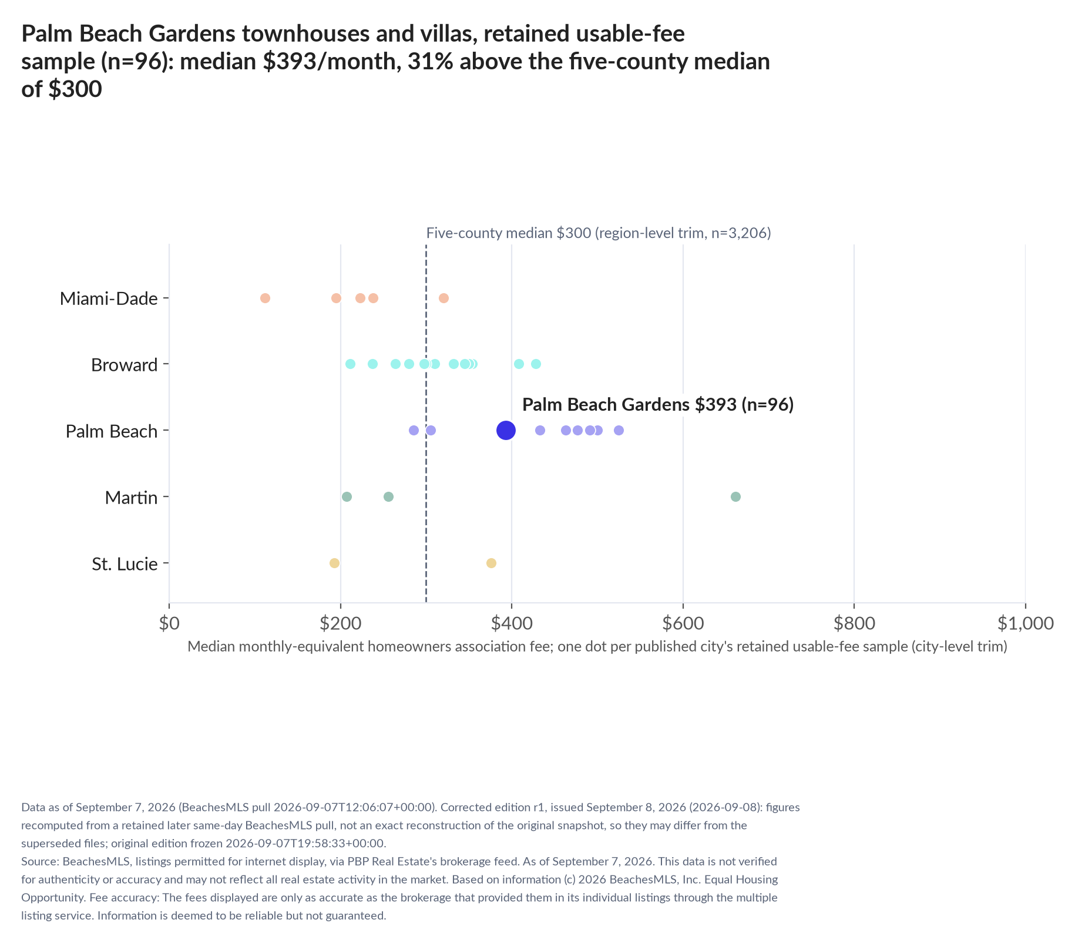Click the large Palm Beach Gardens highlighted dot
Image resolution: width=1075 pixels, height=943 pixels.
[506, 430]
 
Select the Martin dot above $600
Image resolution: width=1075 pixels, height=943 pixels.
[735, 496]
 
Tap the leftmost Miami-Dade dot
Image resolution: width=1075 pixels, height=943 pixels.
[265, 298]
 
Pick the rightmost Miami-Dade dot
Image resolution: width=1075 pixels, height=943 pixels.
[444, 298]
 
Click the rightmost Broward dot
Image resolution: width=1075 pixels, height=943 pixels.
[536, 364]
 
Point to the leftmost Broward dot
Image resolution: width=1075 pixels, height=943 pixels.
[350, 364]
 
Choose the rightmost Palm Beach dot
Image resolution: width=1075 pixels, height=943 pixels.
[619, 430]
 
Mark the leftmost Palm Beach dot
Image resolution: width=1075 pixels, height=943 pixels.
[414, 430]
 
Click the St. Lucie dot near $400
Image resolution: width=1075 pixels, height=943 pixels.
[491, 563]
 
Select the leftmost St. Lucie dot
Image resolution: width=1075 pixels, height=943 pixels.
[334, 563]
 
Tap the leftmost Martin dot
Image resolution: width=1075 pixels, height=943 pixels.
[347, 496]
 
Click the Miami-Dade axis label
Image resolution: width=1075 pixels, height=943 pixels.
[109, 298]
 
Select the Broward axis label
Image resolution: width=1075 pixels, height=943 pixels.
[125, 365]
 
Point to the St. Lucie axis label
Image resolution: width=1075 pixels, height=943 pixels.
[125, 564]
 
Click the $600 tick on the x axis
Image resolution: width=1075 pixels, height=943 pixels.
[683, 606]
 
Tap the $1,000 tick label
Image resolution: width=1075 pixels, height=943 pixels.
[1025, 623]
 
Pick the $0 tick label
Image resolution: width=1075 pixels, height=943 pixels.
[169, 623]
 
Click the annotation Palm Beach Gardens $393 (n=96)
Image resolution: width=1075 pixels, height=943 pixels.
[658, 404]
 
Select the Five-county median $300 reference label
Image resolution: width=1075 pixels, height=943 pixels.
[599, 233]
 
